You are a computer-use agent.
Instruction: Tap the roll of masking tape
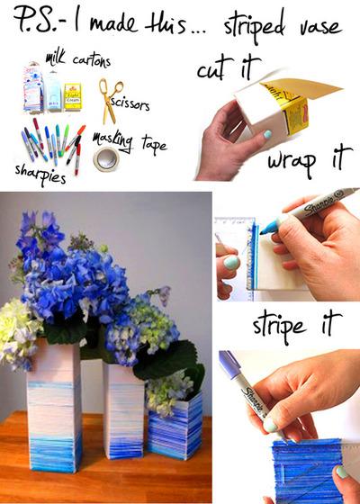[x=106, y=158]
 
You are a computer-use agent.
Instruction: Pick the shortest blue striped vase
[x=175, y=423]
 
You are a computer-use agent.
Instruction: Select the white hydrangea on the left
[x=18, y=333]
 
